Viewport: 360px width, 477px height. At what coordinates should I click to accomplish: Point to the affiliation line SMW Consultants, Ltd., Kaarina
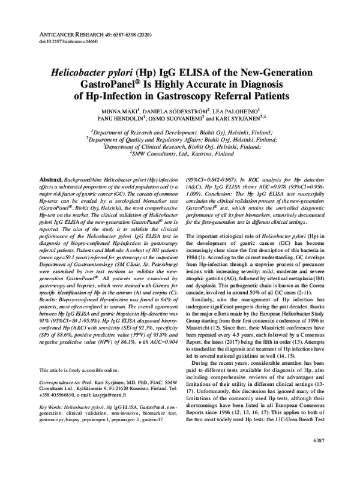coord(181,154)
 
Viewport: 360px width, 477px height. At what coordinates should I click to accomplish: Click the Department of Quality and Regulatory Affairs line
coord(180,138)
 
